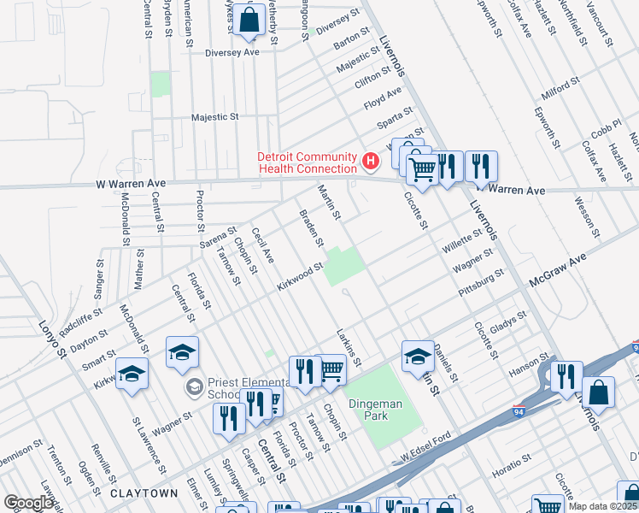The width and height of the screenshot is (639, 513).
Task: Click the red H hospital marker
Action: [371, 160]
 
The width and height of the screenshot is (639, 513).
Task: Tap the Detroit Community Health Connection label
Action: [308, 161]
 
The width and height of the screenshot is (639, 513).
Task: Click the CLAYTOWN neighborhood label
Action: [144, 493]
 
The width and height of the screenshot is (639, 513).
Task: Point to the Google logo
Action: [28, 504]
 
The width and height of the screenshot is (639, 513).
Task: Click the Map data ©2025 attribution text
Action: [603, 506]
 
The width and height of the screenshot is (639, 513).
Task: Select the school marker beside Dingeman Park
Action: [418, 355]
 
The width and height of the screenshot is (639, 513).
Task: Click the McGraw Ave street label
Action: [559, 268]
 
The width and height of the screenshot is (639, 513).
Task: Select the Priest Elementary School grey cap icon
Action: [194, 388]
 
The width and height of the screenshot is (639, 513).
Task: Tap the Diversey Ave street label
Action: [232, 52]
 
